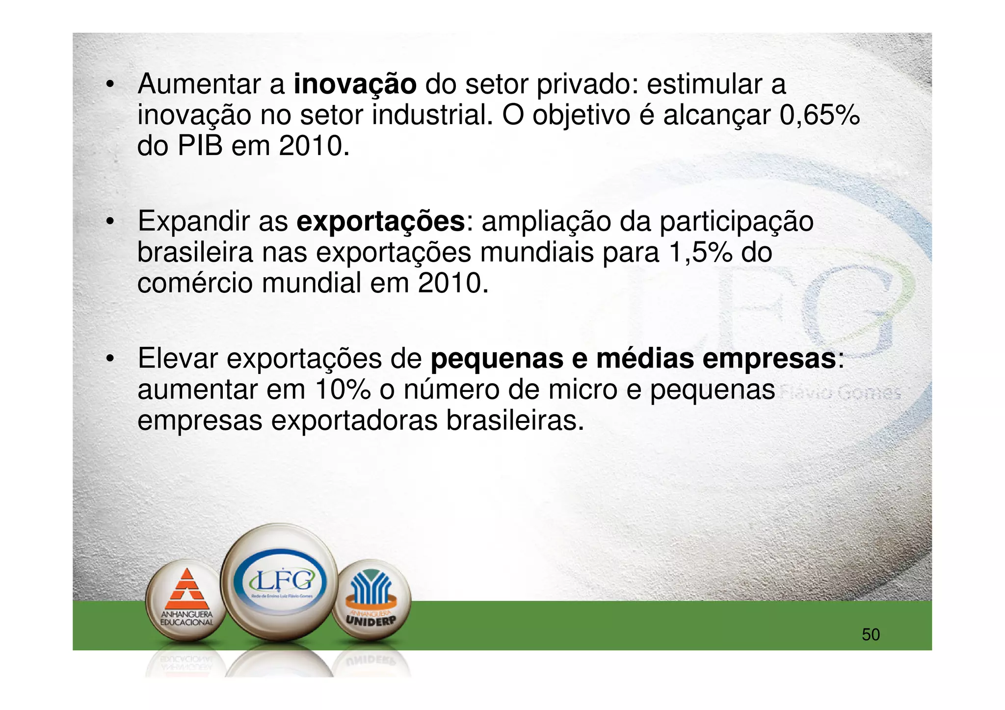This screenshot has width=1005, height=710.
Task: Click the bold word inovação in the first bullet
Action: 355,84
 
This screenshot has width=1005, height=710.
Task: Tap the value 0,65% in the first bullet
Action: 820,115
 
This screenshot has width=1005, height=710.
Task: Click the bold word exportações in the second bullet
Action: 380,222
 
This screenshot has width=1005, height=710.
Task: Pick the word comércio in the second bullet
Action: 195,284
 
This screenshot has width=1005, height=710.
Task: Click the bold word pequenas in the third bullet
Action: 497,359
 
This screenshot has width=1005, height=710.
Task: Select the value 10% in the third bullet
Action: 343,390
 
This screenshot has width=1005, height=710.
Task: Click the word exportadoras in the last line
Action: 354,421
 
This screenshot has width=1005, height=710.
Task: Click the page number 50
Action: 871,635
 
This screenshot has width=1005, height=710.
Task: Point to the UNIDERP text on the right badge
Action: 370,620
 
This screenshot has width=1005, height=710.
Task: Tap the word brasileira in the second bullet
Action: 195,253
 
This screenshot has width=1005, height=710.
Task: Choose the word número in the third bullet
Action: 451,390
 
